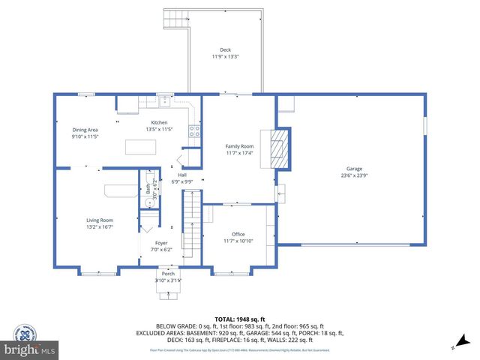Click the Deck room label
[x=225, y=50]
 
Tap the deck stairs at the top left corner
[x=175, y=19]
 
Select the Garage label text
[x=354, y=169]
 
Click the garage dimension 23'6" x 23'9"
[x=354, y=176]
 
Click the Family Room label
[x=240, y=146]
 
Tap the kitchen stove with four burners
[x=193, y=130]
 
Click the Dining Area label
[x=85, y=130]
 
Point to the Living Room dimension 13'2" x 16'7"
[x=100, y=227]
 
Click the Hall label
[x=181, y=175]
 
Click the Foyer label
[x=161, y=243]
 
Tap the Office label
[x=238, y=235]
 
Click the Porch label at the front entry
[x=168, y=274]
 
